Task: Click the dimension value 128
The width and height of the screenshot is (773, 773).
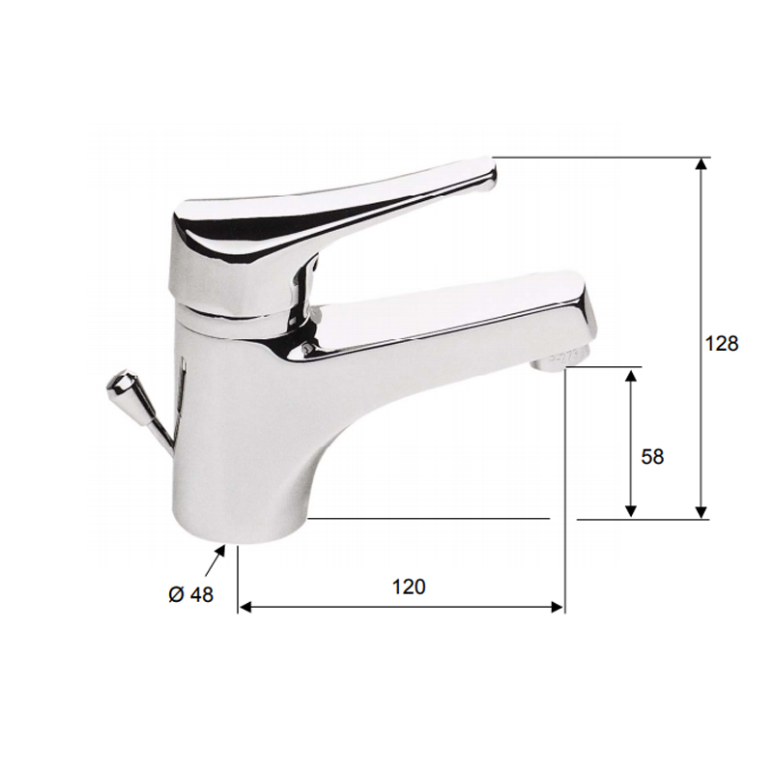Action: click(722, 343)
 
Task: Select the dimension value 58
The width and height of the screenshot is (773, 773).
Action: click(652, 456)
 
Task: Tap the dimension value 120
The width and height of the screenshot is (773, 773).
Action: click(409, 587)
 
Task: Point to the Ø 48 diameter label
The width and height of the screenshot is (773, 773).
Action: click(190, 594)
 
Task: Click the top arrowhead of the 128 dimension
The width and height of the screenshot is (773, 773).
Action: click(701, 163)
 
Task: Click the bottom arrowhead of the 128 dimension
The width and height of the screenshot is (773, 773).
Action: click(701, 513)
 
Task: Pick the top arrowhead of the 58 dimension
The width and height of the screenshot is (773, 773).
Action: click(631, 374)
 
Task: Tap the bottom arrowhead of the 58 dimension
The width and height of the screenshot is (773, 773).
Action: click(631, 512)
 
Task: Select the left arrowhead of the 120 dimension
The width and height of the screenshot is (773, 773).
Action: click(244, 607)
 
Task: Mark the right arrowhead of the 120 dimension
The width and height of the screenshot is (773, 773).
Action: click(558, 607)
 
